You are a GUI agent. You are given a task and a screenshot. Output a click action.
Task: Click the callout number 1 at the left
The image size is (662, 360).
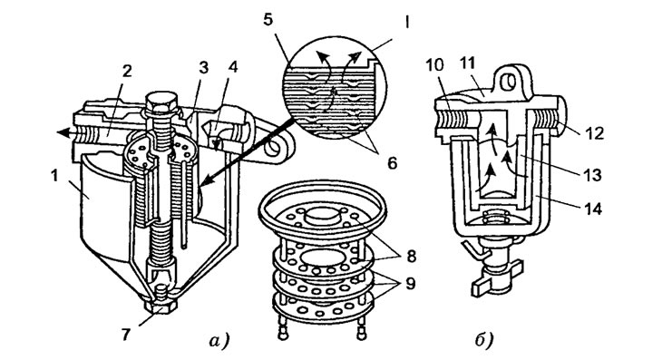[54, 176]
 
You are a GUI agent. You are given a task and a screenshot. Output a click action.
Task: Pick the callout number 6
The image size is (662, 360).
[392, 163]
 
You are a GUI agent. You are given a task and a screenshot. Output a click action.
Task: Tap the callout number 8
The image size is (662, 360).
[410, 256]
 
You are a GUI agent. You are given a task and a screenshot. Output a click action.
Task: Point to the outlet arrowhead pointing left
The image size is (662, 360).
[63, 132]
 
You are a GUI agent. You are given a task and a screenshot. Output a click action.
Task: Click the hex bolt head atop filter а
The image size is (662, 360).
[161, 102]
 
